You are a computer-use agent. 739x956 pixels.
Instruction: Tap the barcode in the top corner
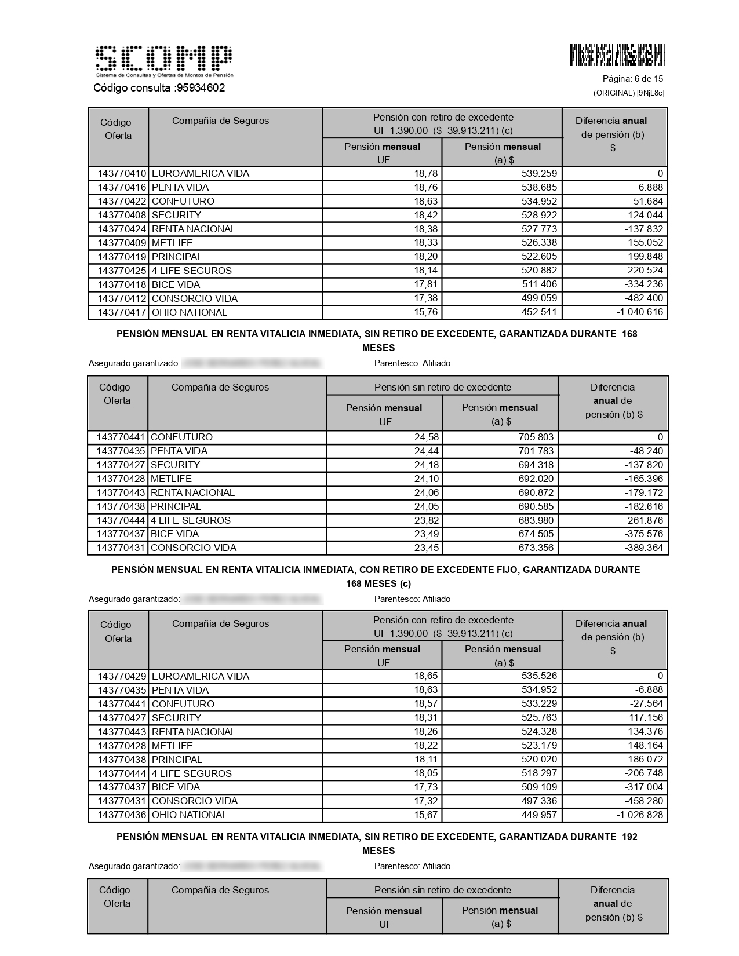coord(617,55)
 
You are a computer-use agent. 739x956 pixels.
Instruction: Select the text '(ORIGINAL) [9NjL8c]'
coord(628,93)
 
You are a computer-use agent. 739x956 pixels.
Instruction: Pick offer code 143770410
coord(122,174)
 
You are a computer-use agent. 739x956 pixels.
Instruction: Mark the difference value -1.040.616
coord(640,312)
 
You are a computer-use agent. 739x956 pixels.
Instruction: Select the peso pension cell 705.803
coord(536,437)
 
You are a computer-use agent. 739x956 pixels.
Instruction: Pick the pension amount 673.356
coord(536,548)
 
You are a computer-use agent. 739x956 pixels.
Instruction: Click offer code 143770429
coord(122,677)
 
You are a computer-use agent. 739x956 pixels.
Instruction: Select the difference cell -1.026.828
coord(640,815)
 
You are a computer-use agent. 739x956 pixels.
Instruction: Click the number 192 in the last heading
coord(629,837)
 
